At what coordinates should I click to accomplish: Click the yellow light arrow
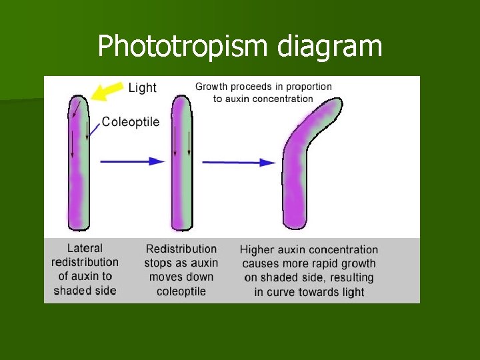(x=107, y=91)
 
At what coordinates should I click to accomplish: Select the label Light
(x=142, y=88)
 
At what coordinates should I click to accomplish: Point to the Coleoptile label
(x=130, y=122)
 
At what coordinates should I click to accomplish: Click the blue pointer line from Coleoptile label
(x=94, y=131)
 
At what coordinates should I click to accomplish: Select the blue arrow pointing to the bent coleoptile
(x=240, y=161)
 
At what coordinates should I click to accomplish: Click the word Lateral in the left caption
(x=85, y=248)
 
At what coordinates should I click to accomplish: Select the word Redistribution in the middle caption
(x=181, y=249)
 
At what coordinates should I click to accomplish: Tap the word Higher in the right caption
(x=257, y=250)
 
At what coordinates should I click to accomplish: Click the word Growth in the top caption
(x=211, y=86)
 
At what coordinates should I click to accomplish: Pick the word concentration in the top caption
(x=279, y=99)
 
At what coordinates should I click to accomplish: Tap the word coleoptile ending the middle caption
(x=181, y=291)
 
